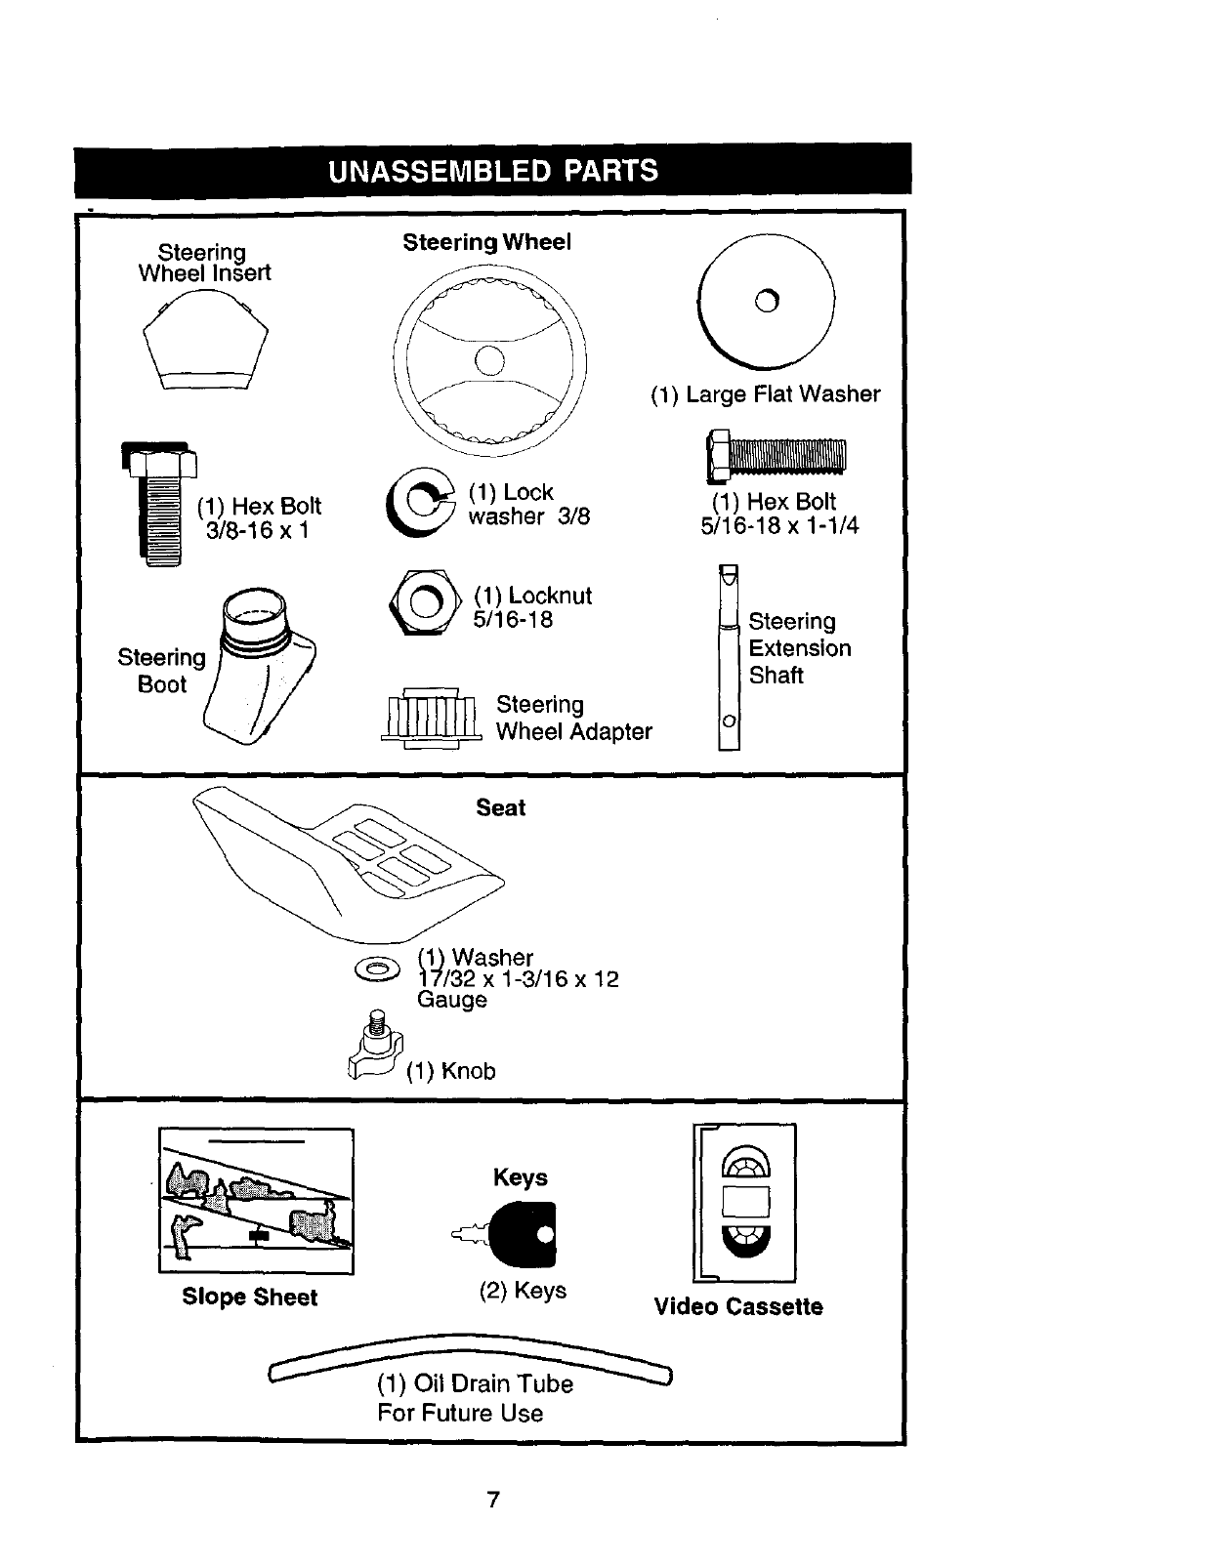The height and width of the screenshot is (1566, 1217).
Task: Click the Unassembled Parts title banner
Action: (x=492, y=171)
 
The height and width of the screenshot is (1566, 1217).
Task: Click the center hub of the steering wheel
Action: (x=489, y=360)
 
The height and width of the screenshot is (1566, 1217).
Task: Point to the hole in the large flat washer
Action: (x=768, y=302)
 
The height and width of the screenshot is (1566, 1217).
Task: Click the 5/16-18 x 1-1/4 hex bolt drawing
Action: (x=776, y=456)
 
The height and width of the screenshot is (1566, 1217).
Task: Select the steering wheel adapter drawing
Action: (x=430, y=717)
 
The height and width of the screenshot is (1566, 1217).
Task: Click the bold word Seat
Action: (x=500, y=807)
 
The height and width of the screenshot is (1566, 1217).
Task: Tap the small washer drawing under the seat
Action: (x=378, y=968)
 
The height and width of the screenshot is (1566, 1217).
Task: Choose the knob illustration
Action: (x=374, y=1051)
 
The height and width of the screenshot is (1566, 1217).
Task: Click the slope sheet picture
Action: (x=256, y=1200)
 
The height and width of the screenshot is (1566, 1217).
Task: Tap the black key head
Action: (x=524, y=1233)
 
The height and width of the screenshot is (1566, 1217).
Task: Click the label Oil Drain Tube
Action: (x=475, y=1383)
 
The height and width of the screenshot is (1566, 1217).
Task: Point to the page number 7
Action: (x=493, y=1500)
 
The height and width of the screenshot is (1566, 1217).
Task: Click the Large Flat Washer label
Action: (x=766, y=393)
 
